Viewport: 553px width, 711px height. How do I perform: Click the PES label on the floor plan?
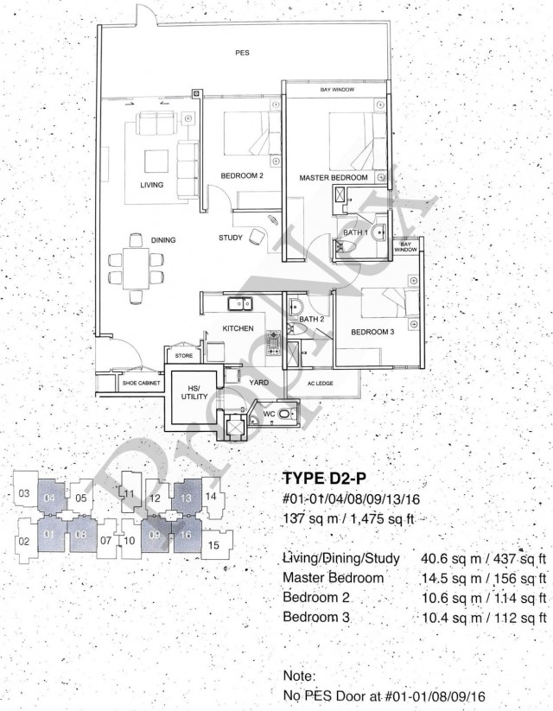click(242, 53)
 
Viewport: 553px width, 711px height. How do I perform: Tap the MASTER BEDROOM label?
click(334, 178)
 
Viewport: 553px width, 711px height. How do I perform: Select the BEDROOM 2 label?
click(242, 175)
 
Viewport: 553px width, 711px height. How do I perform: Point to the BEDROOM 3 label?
click(372, 332)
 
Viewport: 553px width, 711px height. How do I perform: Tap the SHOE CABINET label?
click(142, 384)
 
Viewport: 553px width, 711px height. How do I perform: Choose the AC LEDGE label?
click(321, 384)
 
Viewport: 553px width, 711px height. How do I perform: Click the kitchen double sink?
click(240, 303)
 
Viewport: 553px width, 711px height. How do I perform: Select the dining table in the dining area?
click(137, 268)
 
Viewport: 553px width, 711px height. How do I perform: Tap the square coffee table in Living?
click(156, 161)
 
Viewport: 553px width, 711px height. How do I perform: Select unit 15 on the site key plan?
click(214, 544)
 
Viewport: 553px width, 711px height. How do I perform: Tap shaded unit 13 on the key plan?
click(187, 498)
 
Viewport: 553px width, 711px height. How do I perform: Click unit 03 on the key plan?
click(25, 493)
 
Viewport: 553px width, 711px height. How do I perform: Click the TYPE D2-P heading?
click(324, 479)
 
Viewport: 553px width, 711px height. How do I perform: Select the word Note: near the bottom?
click(299, 676)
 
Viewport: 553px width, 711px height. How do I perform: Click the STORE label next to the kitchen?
click(184, 356)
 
